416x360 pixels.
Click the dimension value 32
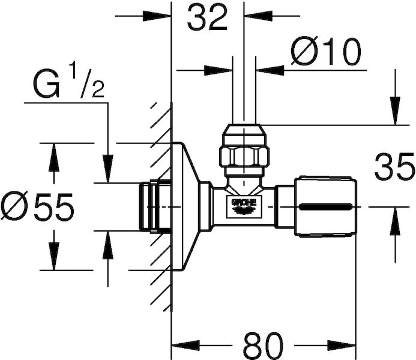(207, 17)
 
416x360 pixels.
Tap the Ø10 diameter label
(326, 52)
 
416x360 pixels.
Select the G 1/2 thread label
(68, 81)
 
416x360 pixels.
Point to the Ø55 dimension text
(37, 206)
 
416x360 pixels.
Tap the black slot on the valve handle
(325, 206)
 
